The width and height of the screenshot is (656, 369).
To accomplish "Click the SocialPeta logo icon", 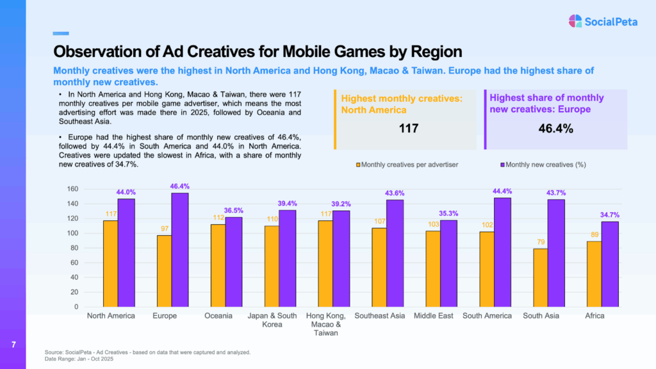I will tap(575, 21).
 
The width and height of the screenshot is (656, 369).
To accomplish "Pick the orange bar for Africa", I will tap(594, 274).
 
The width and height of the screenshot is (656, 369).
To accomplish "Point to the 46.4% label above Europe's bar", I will tap(179, 186).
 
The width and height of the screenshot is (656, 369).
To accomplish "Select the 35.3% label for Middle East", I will tap(448, 213).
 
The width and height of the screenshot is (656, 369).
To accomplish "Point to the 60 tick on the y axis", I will tap(74, 263).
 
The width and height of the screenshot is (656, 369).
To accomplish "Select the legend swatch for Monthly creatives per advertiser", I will tap(358, 165).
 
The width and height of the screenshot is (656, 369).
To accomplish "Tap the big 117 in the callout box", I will tap(408, 128).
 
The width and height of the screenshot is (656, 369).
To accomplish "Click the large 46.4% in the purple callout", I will tap(555, 128).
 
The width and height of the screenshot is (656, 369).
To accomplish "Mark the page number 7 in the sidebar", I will tap(13, 346).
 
